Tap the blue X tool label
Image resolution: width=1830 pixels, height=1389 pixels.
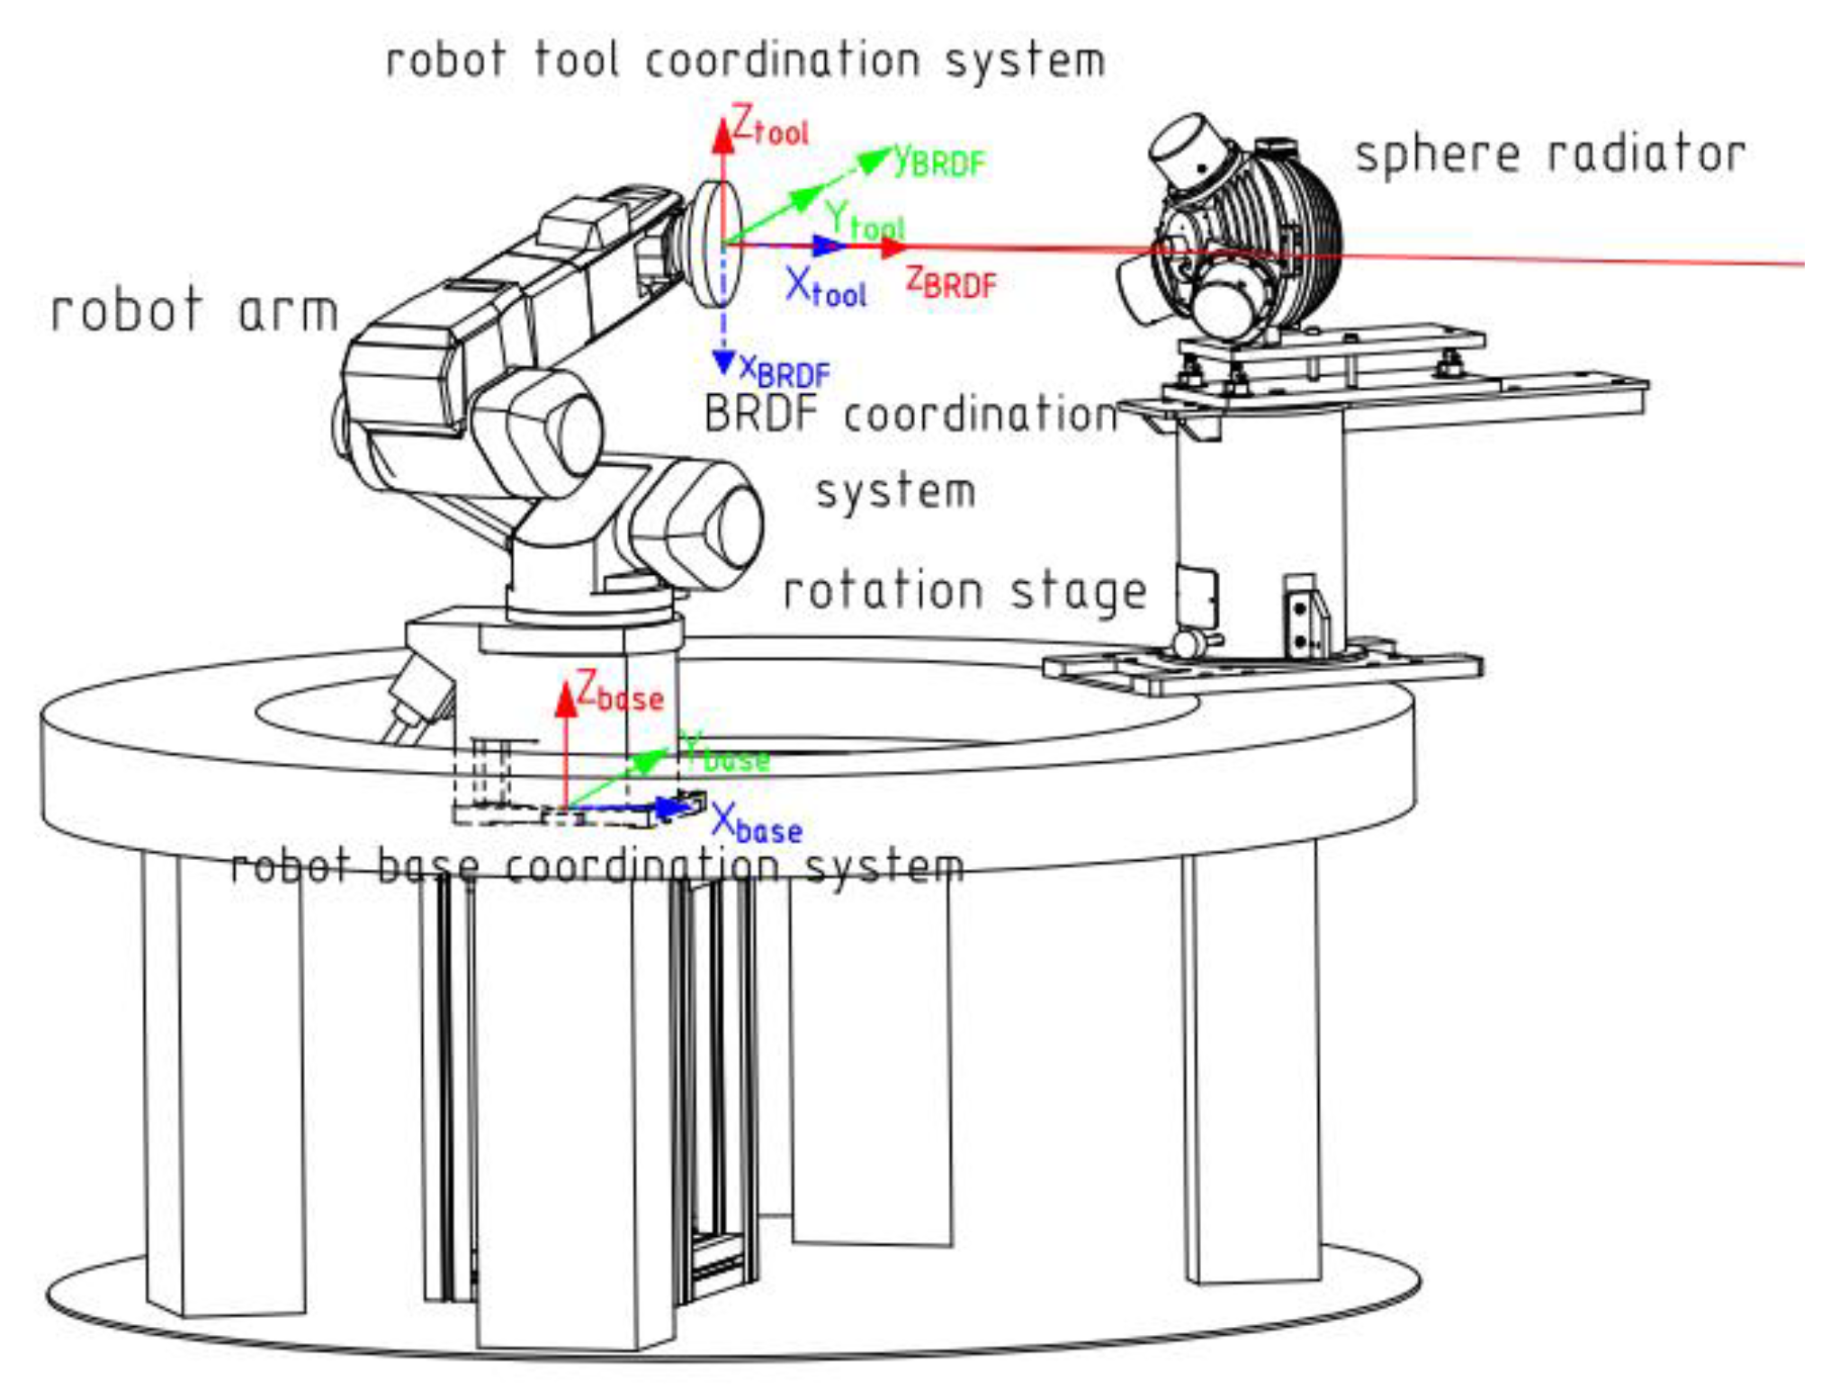coord(825,288)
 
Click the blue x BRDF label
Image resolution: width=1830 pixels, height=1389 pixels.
coord(784,369)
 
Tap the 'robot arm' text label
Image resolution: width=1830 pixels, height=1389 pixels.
coord(194,312)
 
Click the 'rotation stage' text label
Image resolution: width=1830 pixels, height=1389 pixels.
coord(964,592)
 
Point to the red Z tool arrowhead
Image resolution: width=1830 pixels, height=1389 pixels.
coord(722,135)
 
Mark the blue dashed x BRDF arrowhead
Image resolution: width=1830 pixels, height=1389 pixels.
coord(723,363)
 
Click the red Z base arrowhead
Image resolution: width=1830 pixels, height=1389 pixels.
coord(565,701)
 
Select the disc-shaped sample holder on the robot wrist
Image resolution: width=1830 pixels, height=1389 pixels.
coord(717,243)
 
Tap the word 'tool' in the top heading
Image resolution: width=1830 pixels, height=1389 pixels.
coord(576,61)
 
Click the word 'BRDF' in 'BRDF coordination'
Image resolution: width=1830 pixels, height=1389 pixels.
coord(760,415)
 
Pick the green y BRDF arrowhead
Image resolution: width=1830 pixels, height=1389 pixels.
coord(871,162)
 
